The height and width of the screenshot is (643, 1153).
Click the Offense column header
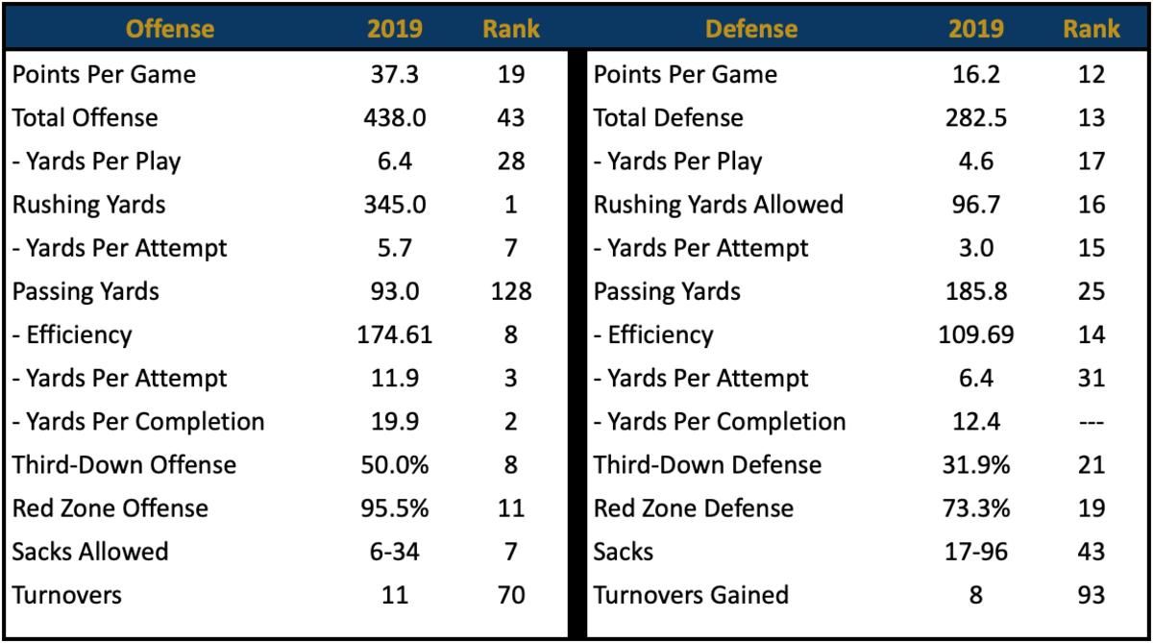pos(170,29)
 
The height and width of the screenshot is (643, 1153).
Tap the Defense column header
pos(751,29)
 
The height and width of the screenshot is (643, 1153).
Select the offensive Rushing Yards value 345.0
pos(395,205)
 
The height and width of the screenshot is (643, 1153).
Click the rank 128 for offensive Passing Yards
pos(511,291)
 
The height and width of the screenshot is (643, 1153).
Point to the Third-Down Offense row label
pos(124,465)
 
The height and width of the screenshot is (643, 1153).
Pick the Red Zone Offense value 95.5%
pos(395,508)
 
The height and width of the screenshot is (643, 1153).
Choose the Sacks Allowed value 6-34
pos(395,552)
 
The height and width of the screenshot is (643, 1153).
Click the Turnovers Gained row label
pos(691,595)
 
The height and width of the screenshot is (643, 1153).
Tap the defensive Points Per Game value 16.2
pos(976,74)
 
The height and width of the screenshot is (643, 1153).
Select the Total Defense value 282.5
pos(976,118)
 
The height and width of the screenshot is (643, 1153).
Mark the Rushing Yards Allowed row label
pos(719,205)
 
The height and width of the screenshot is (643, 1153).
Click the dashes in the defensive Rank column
pos(1092,423)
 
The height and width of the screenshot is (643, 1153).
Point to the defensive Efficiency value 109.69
pos(976,334)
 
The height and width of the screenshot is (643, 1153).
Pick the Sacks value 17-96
pos(976,552)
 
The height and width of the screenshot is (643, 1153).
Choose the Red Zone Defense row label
pos(694,508)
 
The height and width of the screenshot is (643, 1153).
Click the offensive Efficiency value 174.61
pos(395,334)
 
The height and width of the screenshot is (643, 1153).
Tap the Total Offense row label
pos(85,118)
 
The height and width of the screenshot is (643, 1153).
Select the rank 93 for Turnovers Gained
pos(1092,595)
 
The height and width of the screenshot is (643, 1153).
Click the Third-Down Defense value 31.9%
pos(976,465)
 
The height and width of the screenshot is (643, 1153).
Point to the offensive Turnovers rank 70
pos(511,595)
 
